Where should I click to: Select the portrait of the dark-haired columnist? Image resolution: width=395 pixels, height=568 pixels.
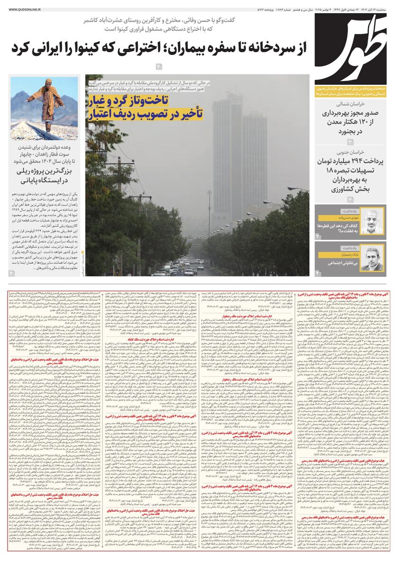372,258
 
